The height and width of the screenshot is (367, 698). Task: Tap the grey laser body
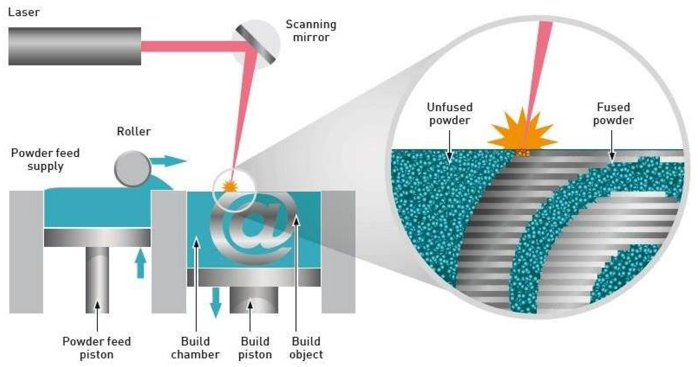pos(74,46)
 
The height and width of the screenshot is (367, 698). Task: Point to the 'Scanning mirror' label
pos(311,31)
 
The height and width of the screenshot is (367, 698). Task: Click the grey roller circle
pos(132,169)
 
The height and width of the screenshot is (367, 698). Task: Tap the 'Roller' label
pos(134,131)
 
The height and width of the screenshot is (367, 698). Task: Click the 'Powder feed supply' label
pos(45,160)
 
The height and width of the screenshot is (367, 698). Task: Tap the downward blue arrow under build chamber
pos(216,302)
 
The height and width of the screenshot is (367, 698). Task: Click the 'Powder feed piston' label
pos(97,348)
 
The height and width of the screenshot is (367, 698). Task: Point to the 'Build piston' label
pos(255,348)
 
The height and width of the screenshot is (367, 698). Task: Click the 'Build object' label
pos(306,348)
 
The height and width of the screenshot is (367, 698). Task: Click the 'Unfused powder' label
pos(450,114)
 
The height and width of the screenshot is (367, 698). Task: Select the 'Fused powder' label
pos(613,114)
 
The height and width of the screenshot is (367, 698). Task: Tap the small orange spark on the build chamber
pos(230,186)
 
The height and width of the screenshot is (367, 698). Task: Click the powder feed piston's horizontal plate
pos(97,237)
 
